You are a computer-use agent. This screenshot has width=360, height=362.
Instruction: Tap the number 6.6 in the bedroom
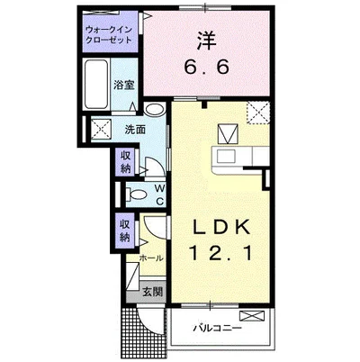coord(206,67)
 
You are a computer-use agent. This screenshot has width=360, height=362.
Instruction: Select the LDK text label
coord(221,228)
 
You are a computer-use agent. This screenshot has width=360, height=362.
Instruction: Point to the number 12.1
coord(220,253)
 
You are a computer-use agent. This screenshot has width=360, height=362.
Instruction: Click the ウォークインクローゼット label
coord(109,35)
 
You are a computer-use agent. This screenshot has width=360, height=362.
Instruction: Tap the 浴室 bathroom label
coord(123,86)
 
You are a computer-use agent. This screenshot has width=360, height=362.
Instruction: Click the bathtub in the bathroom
coord(96,85)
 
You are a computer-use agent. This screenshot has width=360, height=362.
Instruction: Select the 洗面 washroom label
coord(135,130)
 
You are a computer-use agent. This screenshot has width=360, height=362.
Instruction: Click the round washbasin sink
coord(154,109)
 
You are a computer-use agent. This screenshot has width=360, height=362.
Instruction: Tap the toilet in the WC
coord(136,195)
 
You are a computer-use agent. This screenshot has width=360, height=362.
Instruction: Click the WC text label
coord(160,195)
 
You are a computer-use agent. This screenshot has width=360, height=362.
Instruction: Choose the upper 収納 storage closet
coord(125,161)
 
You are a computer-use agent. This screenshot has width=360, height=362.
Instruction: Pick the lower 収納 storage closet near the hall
coord(125,231)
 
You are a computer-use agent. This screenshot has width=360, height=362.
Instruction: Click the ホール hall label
coord(151,258)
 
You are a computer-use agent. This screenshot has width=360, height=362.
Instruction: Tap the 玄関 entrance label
coord(153,292)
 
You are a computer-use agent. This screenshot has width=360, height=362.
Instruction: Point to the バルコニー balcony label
coord(217,328)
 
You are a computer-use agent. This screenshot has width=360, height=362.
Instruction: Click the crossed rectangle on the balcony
coord(252,316)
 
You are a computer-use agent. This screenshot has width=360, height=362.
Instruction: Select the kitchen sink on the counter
coord(226,157)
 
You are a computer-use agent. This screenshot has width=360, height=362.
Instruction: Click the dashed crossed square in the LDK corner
coord(257,113)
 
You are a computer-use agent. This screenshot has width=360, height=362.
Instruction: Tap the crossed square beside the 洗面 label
coord(101,130)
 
